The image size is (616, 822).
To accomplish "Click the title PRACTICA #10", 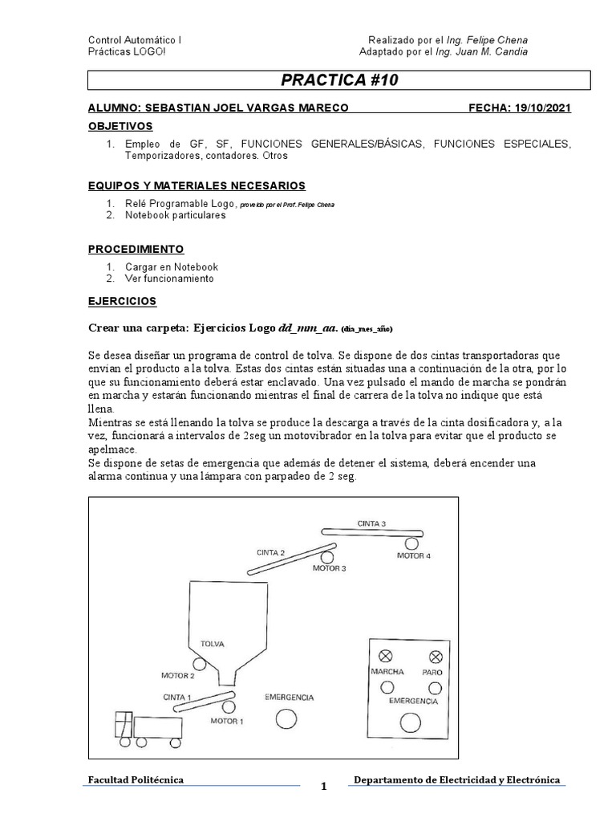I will pos(339,79).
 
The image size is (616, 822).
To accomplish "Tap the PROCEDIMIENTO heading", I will pos(136,249).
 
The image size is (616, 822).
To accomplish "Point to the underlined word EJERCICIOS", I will pos(122,301).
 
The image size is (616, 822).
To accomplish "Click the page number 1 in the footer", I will pos(324,787).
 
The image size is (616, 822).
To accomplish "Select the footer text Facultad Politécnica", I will pos(136,779).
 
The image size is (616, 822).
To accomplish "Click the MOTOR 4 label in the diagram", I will pos(414,555).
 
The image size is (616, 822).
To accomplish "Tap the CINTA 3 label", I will pos(371,523).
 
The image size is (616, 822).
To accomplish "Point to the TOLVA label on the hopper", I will pos(213,644).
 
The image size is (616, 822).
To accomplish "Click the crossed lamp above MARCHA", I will pos(387,656).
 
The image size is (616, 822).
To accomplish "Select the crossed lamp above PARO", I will pos(436,656).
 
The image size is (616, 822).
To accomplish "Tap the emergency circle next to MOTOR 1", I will pos(285,719).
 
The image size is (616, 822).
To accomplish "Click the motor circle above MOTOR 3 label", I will pos(327,556).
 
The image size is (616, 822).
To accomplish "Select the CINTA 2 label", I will pos(271,552).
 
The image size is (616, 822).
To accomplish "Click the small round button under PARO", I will pos(435,688).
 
